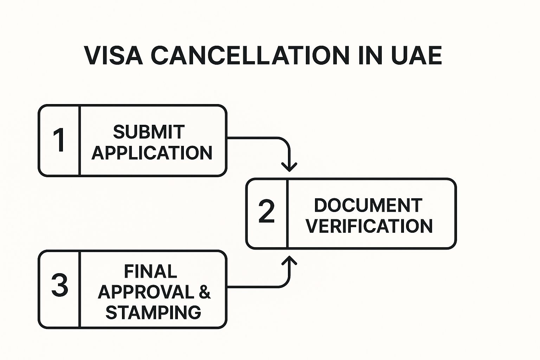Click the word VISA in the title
(x=114, y=56)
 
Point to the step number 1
(x=59, y=140)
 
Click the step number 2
(x=266, y=212)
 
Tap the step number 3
(x=59, y=285)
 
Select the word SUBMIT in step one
(x=149, y=132)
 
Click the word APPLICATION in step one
(x=152, y=153)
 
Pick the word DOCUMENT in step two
(x=368, y=205)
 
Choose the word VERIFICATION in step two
(x=369, y=226)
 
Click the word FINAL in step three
(x=150, y=271)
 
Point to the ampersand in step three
(x=205, y=292)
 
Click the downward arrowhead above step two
(x=289, y=166)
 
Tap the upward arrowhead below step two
(x=289, y=261)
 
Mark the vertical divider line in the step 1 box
(x=80, y=140)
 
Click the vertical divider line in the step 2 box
(x=287, y=213)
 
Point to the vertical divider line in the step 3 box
(x=80, y=289)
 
